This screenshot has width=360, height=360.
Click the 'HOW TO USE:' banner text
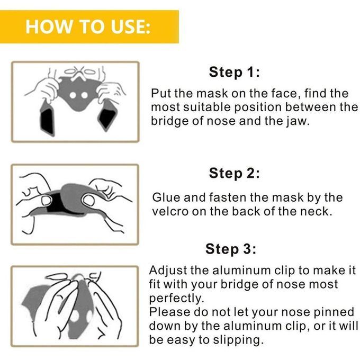(x=88, y=27)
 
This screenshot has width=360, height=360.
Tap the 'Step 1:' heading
(x=235, y=72)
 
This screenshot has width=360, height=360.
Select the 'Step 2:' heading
(x=235, y=173)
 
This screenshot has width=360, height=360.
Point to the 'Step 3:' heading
(x=231, y=249)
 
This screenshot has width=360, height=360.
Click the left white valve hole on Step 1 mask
(x=73, y=95)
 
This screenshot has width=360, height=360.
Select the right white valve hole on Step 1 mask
(x=84, y=95)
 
